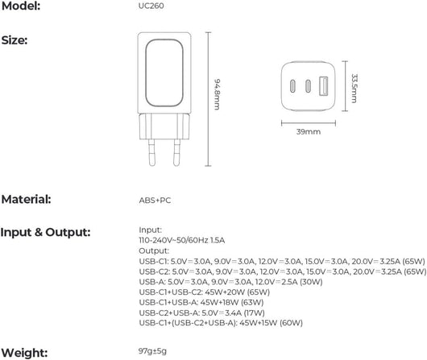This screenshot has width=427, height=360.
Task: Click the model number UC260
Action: point(151,6)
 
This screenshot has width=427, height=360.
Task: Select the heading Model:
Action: point(21,6)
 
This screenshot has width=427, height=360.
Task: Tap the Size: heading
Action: point(15,40)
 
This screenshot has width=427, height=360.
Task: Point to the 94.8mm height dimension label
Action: point(217,94)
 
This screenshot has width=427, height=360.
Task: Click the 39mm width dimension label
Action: point(309,132)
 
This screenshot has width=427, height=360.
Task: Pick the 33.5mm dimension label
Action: point(354,89)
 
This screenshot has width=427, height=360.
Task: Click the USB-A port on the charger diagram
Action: point(323,86)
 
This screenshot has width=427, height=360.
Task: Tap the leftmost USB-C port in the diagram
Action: point(292,86)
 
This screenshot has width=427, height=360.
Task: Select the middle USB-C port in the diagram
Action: point(308,86)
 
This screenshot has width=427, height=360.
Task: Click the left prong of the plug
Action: point(151,152)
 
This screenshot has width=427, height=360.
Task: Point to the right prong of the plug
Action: point(176,152)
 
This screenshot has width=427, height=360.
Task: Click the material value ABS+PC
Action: point(155,201)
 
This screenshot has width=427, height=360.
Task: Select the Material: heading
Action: point(27,200)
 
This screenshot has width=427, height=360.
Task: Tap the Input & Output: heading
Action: point(45,232)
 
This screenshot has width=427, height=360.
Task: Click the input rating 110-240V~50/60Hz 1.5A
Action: point(181,241)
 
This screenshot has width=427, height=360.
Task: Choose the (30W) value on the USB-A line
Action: point(311,282)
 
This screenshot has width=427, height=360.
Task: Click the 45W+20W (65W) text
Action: point(237,292)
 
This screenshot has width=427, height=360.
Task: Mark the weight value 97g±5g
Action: point(152,351)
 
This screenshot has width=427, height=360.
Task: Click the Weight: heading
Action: point(24,353)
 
